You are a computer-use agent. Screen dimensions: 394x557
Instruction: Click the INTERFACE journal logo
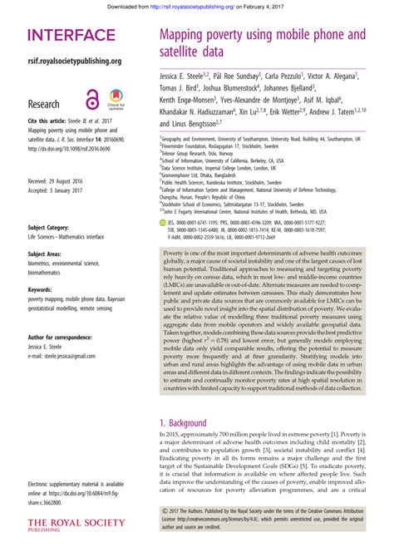(x=71, y=36)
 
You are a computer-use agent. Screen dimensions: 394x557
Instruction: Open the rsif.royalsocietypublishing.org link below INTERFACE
(x=75, y=61)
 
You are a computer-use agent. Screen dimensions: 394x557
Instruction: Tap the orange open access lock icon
(x=92, y=98)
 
